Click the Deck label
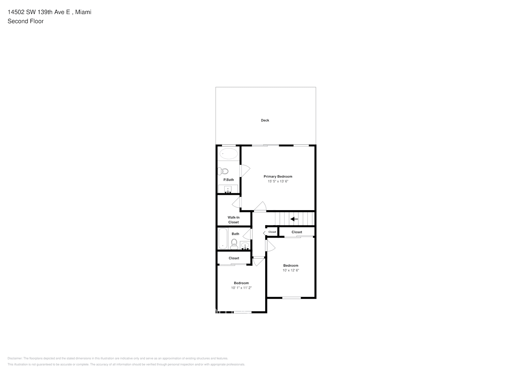tap(265, 120)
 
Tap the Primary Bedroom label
tap(278, 176)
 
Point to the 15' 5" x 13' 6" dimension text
tap(278, 181)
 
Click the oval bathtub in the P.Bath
tap(229, 153)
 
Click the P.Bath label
tap(228, 180)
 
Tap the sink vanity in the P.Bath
tap(228, 189)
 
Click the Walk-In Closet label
tap(233, 220)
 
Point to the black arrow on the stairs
tap(294, 219)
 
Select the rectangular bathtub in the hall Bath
tap(223, 239)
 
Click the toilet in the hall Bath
tap(234, 244)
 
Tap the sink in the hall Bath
tap(245, 246)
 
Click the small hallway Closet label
tap(272, 232)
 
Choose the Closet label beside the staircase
tap(296, 232)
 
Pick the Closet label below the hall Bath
tap(234, 258)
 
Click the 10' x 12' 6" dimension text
tap(290, 270)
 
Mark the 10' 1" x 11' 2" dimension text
tap(241, 288)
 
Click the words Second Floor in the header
tap(26, 21)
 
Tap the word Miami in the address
tap(83, 12)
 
